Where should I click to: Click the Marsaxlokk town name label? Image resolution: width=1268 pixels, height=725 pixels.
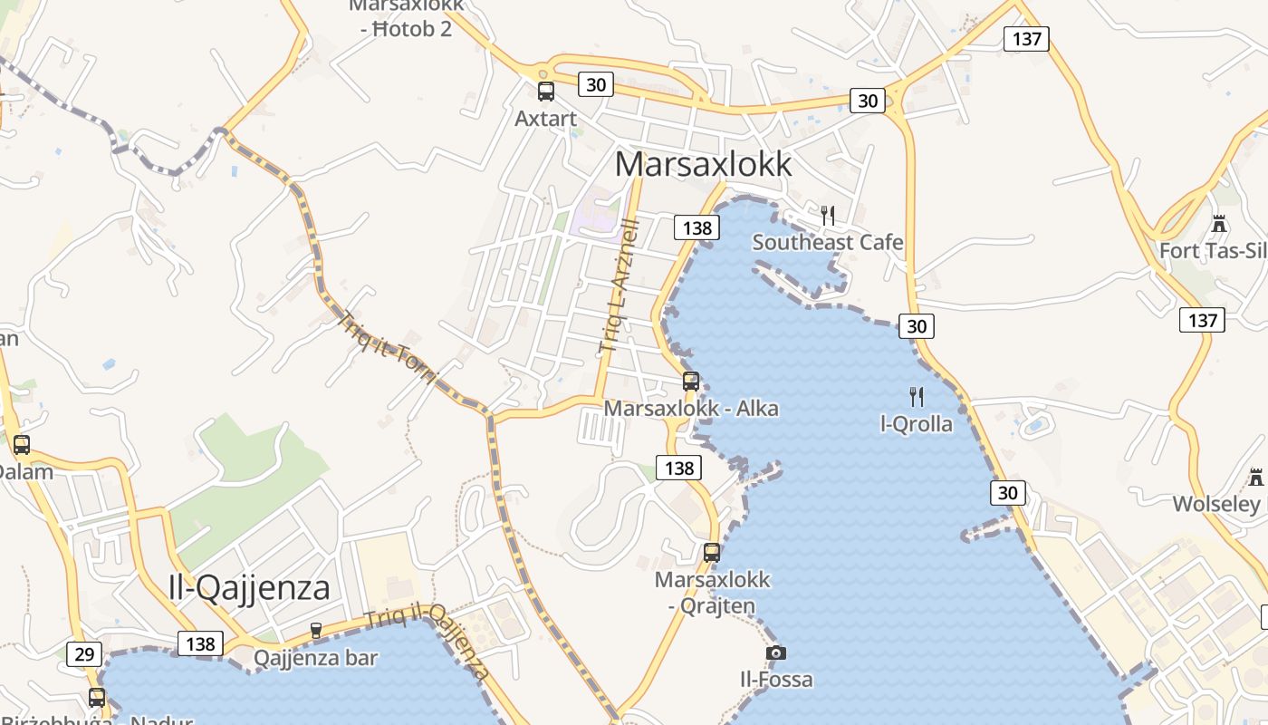[703, 164]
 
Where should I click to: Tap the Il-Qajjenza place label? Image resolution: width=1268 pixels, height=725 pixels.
[249, 588]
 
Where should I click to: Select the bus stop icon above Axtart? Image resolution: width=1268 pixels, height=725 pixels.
[545, 91]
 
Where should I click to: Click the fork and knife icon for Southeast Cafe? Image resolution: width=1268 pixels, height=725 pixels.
[827, 215]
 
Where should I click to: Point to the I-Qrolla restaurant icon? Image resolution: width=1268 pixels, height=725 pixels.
[917, 396]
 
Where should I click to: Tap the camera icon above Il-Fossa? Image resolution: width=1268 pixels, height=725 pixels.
[775, 652]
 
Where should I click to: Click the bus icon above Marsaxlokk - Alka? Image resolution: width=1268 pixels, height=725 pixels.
[691, 382]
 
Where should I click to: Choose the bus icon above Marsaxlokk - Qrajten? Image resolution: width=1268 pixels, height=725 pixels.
[712, 552]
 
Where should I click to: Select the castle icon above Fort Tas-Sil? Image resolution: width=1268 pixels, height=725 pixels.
[1219, 223]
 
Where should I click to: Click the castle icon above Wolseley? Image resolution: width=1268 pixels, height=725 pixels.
[1255, 477]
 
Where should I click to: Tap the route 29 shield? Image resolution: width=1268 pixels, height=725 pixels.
[84, 654]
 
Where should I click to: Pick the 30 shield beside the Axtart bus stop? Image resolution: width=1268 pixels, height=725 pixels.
[595, 85]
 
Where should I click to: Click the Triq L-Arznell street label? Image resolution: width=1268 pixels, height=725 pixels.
[620, 285]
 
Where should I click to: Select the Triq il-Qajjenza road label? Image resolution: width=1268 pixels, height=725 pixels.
[427, 642]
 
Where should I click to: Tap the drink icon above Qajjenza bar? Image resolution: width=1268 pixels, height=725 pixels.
[316, 630]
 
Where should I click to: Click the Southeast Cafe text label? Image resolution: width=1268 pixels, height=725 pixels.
[828, 242]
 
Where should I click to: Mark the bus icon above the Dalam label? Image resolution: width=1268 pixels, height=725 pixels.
[21, 445]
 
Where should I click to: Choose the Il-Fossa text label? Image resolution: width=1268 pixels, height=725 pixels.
[776, 680]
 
